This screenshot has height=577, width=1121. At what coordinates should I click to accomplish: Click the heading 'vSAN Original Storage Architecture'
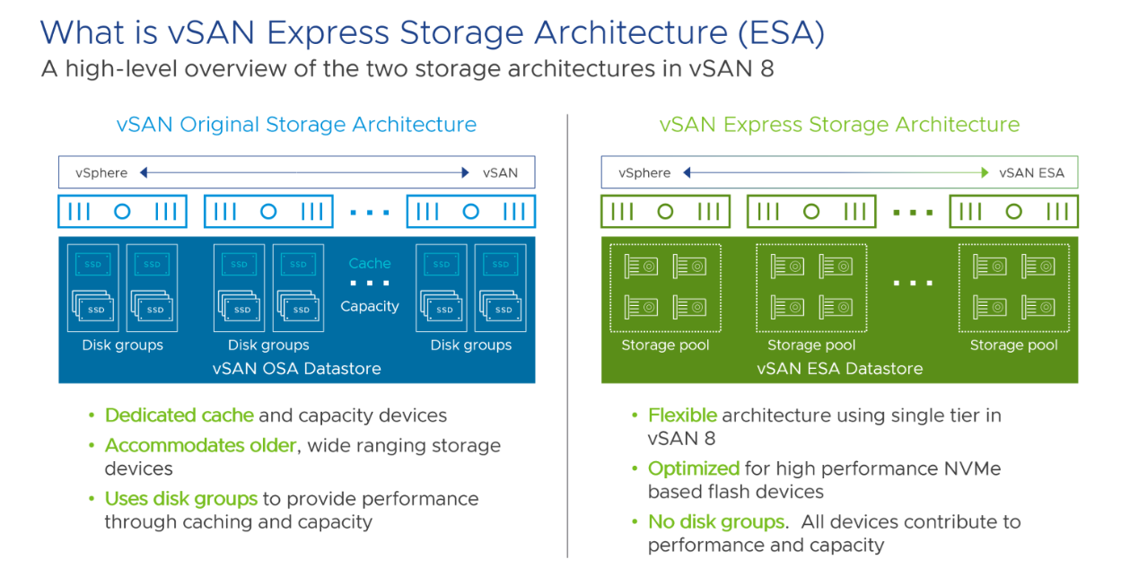[296, 125]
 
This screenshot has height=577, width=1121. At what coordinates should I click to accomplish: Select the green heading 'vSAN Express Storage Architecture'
[839, 125]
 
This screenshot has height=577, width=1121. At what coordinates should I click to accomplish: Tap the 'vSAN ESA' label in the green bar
[1031, 173]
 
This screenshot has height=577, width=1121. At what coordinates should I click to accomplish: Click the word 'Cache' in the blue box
[370, 264]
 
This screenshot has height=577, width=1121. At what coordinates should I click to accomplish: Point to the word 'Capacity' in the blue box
[370, 306]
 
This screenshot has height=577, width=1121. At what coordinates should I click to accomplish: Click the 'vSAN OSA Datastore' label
[296, 369]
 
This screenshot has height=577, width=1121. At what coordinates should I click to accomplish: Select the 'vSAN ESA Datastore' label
[839, 369]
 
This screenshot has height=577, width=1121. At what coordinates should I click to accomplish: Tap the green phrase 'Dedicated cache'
[180, 415]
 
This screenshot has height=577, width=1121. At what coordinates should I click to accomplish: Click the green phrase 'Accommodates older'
[200, 446]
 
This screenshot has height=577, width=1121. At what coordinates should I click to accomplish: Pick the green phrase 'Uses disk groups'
[180, 499]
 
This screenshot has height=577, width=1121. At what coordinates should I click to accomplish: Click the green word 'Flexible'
[682, 415]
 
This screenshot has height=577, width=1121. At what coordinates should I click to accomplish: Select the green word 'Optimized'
[693, 468]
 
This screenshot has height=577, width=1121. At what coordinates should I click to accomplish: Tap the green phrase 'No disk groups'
[716, 522]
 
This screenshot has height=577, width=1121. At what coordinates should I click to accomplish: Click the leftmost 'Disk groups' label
[122, 345]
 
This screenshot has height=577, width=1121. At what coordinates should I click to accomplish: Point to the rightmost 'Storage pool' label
[1013, 345]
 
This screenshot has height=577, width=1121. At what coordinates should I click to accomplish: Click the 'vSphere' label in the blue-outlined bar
[101, 173]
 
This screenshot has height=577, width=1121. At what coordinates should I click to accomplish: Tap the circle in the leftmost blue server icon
[122, 212]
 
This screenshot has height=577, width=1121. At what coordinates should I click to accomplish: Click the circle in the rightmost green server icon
[1013, 212]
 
